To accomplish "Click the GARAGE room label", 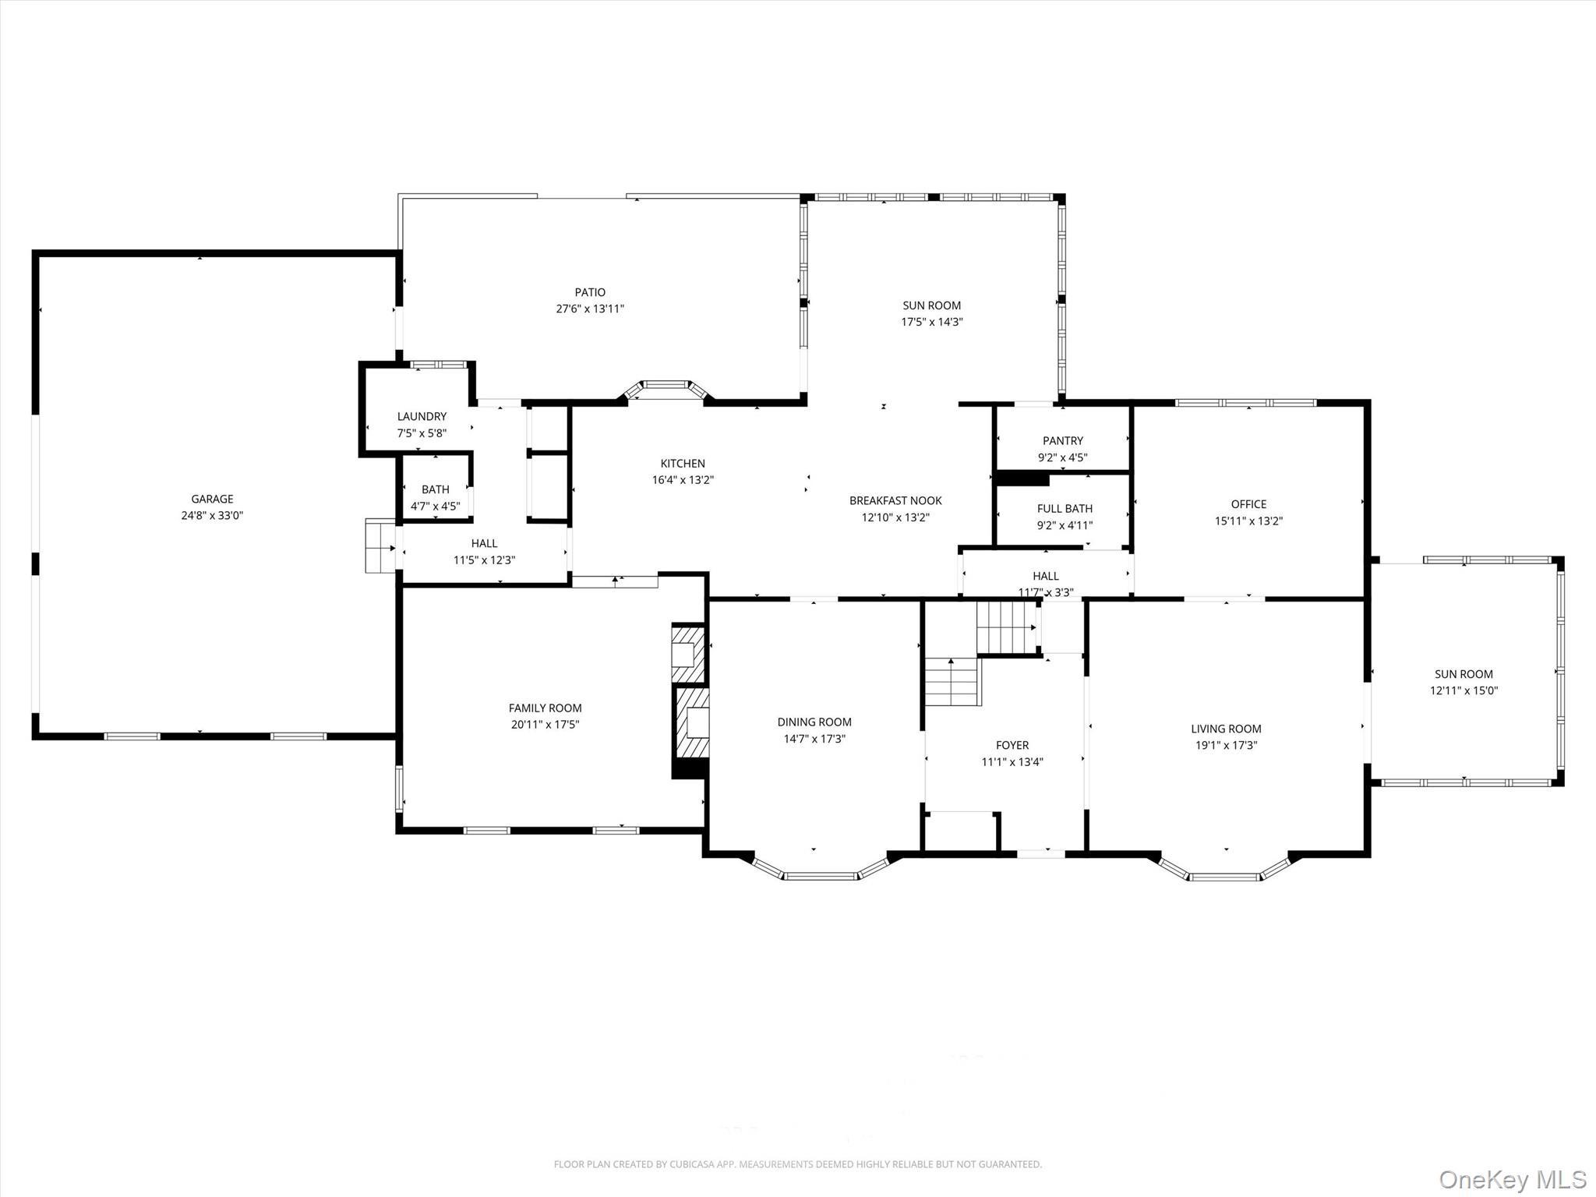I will [212, 499].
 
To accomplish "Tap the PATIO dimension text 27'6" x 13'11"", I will [590, 309].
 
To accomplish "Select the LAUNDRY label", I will [422, 416].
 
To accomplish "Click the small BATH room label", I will [435, 489].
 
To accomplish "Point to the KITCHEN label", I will [683, 463].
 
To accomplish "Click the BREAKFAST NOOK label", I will [895, 500].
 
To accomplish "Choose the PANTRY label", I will [1063, 441].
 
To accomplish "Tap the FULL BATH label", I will [1065, 509].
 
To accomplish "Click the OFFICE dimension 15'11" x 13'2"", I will [1248, 521].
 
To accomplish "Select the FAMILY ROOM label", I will [545, 708].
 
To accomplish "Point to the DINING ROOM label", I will [814, 722].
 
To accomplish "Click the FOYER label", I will [1012, 745].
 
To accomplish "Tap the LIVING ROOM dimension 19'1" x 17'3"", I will [1226, 745].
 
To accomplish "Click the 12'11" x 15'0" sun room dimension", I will [1464, 690].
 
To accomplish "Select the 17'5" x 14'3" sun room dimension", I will [932, 322].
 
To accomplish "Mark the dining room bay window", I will [820, 875].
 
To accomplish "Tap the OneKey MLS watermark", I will [1512, 1178].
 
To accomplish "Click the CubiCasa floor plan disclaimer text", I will [797, 1164].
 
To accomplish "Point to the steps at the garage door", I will [380, 546].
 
